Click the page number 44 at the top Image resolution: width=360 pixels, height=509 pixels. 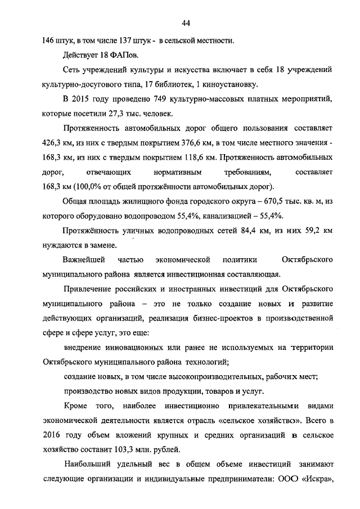(186, 22)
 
